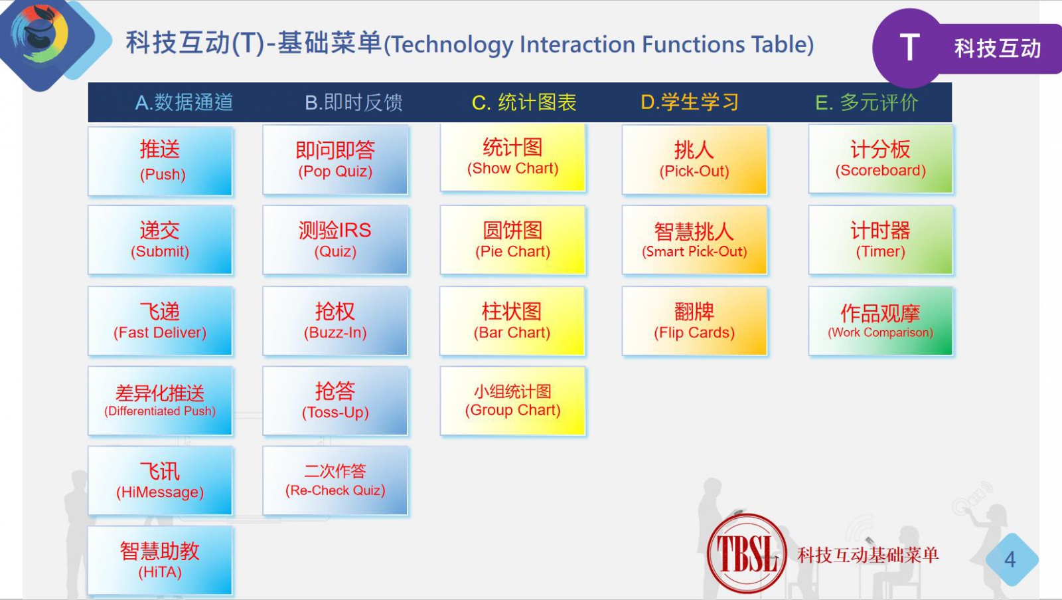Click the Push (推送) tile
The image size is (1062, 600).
[160, 161]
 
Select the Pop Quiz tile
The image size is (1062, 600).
[335, 160]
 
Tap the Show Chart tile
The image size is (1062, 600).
[512, 158]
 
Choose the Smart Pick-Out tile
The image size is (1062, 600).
[694, 240]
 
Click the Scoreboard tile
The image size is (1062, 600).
[880, 159]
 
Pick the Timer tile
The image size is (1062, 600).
[880, 240]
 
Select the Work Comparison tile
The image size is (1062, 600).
[880, 322]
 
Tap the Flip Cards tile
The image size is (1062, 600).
[694, 322]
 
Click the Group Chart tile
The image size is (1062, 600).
[512, 401]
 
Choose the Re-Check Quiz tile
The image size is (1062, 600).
[335, 481]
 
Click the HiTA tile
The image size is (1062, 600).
[160, 561]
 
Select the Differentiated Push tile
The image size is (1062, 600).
[160, 401]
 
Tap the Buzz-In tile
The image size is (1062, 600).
[335, 322]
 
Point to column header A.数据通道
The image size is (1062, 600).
[184, 102]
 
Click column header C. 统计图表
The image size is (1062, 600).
[524, 102]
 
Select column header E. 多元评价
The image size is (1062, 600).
[867, 102]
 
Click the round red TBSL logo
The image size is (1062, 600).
[747, 553]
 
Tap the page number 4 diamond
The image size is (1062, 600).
[1011, 559]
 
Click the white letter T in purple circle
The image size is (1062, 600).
[910, 47]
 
